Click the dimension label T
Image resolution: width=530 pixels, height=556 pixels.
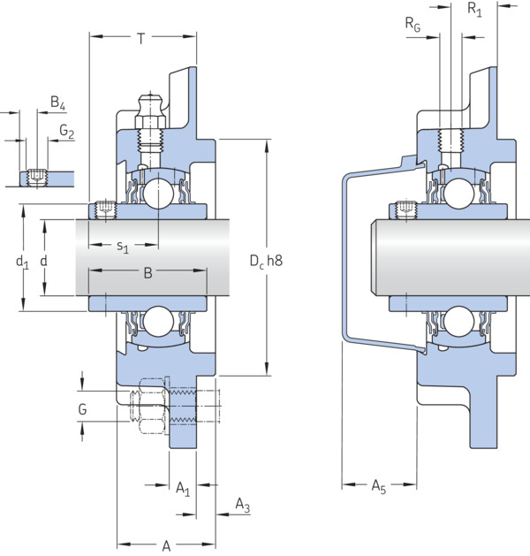click(141, 38)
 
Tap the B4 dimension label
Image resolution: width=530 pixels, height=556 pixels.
click(58, 103)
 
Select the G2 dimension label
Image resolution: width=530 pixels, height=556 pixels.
click(66, 131)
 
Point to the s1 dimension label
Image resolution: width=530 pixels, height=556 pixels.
click(123, 247)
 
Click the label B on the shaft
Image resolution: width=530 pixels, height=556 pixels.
click(148, 273)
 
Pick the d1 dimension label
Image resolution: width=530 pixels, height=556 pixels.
click(22, 263)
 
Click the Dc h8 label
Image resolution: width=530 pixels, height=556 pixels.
click(266, 261)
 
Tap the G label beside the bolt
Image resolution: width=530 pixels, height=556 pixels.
click(82, 409)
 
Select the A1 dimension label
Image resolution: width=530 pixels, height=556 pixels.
click(183, 489)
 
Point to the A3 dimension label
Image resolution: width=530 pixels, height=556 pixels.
click(243, 506)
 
